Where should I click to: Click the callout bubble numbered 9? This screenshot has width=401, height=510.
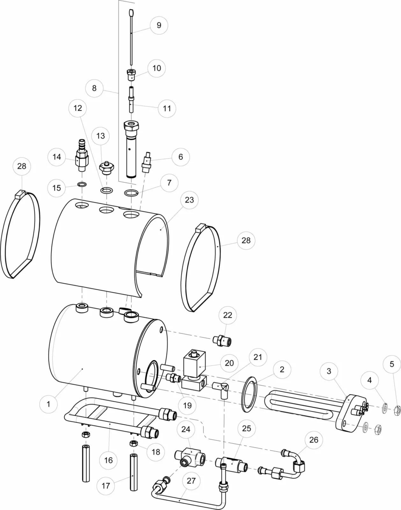(x=159, y=25)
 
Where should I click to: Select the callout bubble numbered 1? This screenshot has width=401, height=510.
(x=48, y=404)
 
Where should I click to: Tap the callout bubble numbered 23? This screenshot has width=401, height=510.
(x=189, y=200)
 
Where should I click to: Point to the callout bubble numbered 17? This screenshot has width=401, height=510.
(x=106, y=486)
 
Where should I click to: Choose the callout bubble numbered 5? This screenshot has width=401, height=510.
(x=392, y=364)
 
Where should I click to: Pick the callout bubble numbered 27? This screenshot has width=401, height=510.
(x=191, y=481)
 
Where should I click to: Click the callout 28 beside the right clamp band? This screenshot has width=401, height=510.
(x=246, y=241)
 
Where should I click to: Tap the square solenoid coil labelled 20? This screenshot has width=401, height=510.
(x=194, y=363)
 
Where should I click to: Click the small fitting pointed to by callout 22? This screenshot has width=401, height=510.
(x=222, y=341)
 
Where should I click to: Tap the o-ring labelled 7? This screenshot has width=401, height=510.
(x=131, y=193)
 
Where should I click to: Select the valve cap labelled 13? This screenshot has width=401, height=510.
(x=107, y=168)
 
